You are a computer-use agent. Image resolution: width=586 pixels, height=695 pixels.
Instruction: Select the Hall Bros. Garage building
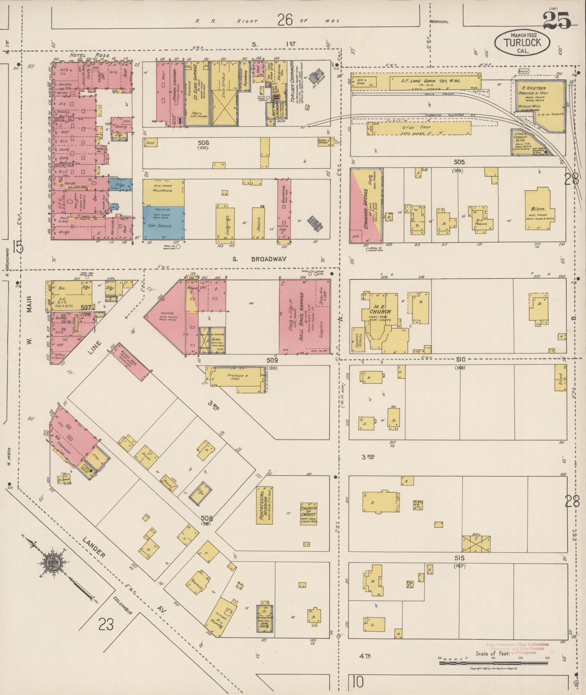(x=304, y=317)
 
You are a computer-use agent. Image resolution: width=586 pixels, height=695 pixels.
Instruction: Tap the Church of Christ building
(x=308, y=515)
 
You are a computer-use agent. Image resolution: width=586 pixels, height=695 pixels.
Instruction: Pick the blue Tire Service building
(x=163, y=223)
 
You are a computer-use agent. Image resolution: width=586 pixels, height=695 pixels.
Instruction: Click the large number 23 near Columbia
(x=106, y=625)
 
